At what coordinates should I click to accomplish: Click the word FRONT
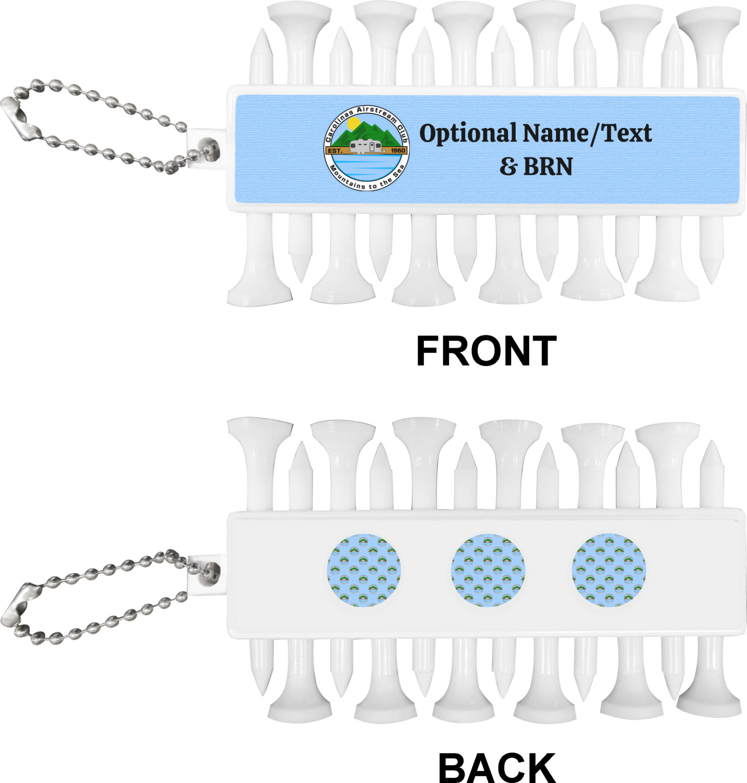486,351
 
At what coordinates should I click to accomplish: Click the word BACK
496,767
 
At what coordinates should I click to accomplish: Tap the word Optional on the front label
467,134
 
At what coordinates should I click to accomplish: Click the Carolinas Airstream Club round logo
366,148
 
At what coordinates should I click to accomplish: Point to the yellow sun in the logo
353,124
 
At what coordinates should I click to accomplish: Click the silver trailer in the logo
366,147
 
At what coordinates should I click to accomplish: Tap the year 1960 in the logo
397,150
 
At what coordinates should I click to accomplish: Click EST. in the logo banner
335,151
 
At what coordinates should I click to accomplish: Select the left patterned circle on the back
364,570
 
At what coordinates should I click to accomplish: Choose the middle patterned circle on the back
488,570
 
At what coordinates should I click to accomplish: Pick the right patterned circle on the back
609,570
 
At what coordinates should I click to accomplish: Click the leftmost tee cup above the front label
299,16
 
